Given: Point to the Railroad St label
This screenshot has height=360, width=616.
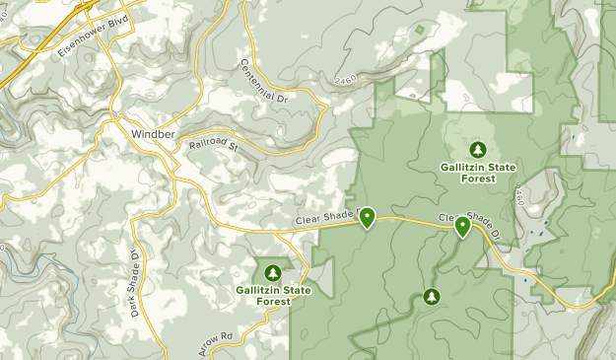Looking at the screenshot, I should click(215, 145).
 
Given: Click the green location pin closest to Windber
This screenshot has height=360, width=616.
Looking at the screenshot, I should click(367, 216).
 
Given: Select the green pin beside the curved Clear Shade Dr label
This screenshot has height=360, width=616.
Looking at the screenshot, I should click(462, 227).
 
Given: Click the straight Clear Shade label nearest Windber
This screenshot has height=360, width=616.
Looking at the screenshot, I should click(325, 224).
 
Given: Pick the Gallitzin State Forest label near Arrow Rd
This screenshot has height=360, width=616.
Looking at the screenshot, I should click(273, 296).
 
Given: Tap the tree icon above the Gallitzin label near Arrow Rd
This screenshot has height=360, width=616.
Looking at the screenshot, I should click(273, 271).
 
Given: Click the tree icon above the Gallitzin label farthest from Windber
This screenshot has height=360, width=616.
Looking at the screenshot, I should click(478, 149).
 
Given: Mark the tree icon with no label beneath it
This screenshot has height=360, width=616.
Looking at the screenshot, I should click(431, 296).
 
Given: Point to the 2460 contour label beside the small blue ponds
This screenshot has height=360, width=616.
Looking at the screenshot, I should click(518, 201).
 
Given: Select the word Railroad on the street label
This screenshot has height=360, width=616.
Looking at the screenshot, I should click(209, 146).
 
